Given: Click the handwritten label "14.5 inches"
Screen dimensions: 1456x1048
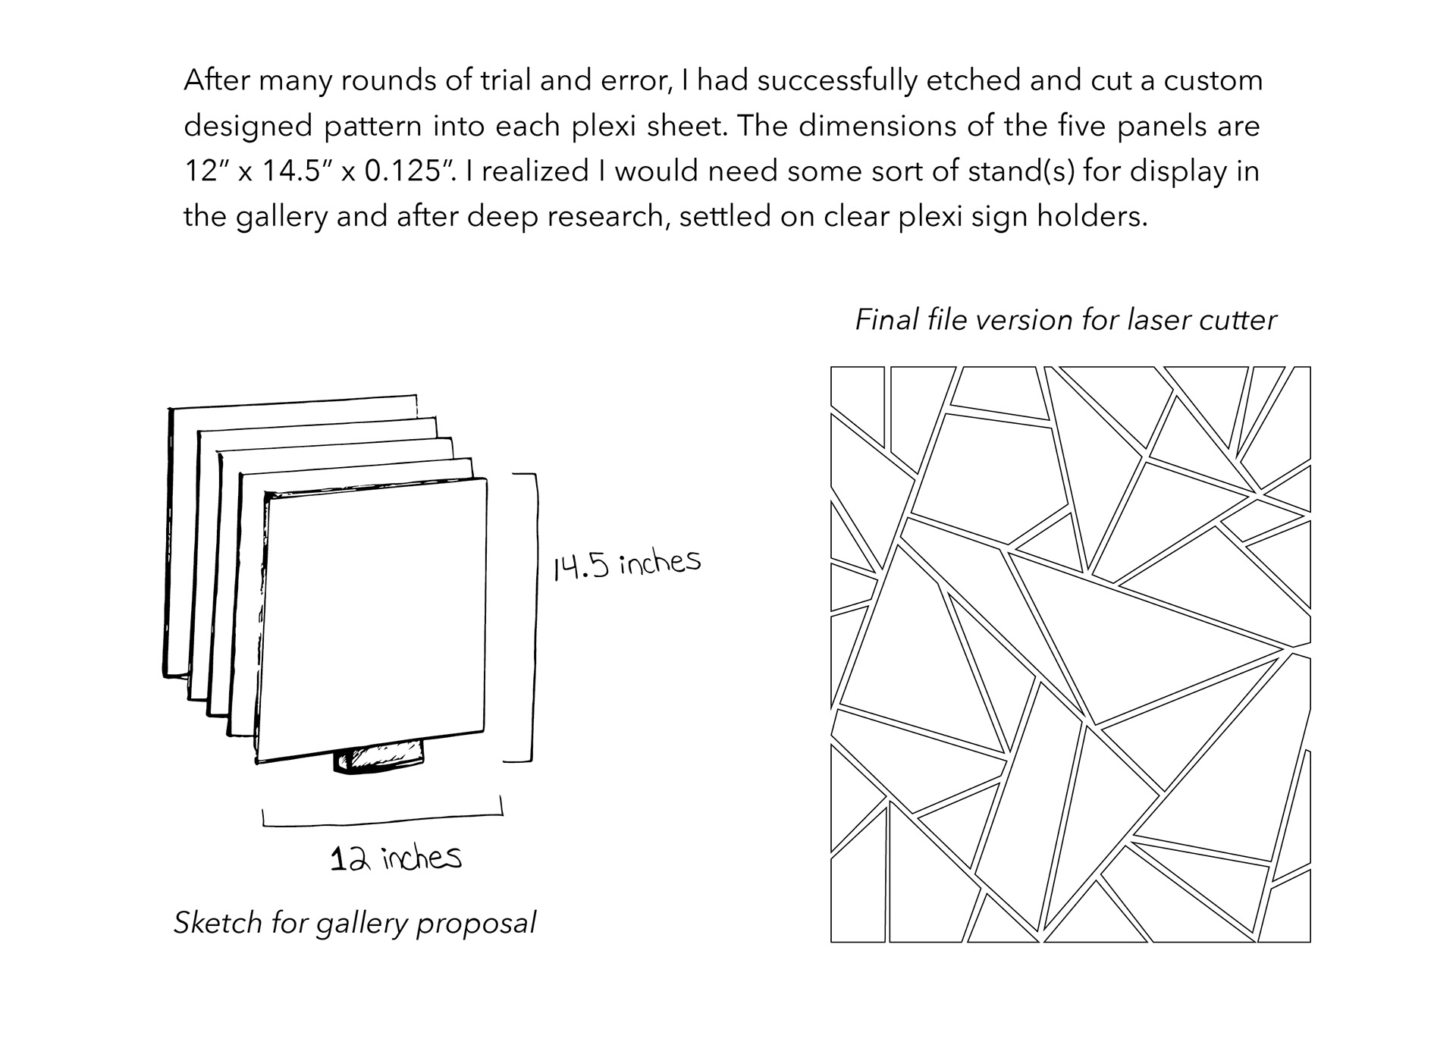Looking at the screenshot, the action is pyautogui.click(x=626, y=564).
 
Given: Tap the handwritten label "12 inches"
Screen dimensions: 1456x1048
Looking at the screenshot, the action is pyautogui.click(x=396, y=858).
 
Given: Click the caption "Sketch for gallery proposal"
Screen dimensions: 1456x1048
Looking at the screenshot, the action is pyautogui.click(x=355, y=923).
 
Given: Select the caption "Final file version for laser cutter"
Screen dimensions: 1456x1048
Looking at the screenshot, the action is pyautogui.click(x=1065, y=320).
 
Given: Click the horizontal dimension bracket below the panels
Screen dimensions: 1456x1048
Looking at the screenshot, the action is pyautogui.click(x=381, y=819).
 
